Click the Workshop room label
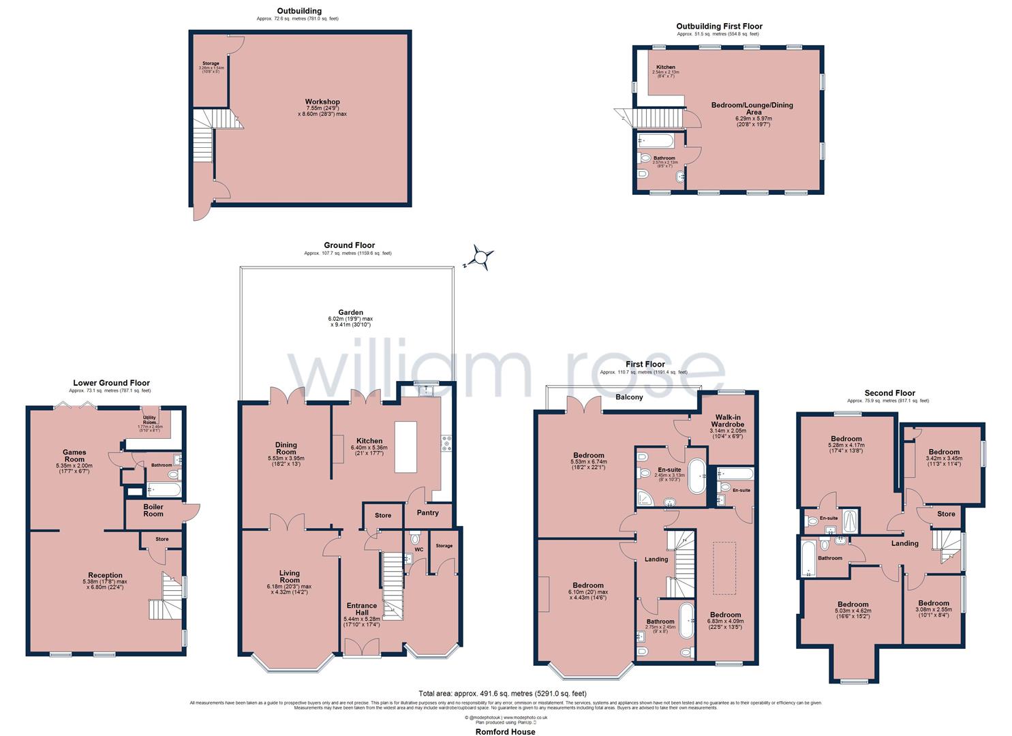click(322, 102)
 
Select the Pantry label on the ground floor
click(428, 513)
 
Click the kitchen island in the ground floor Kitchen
click(410, 446)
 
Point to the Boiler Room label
click(153, 510)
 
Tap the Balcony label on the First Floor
click(629, 397)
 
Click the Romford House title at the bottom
click(505, 732)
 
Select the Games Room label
click(74, 456)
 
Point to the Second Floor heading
click(889, 393)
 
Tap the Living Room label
click(290, 577)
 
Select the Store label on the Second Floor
click(946, 514)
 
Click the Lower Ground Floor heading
click(111, 383)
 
